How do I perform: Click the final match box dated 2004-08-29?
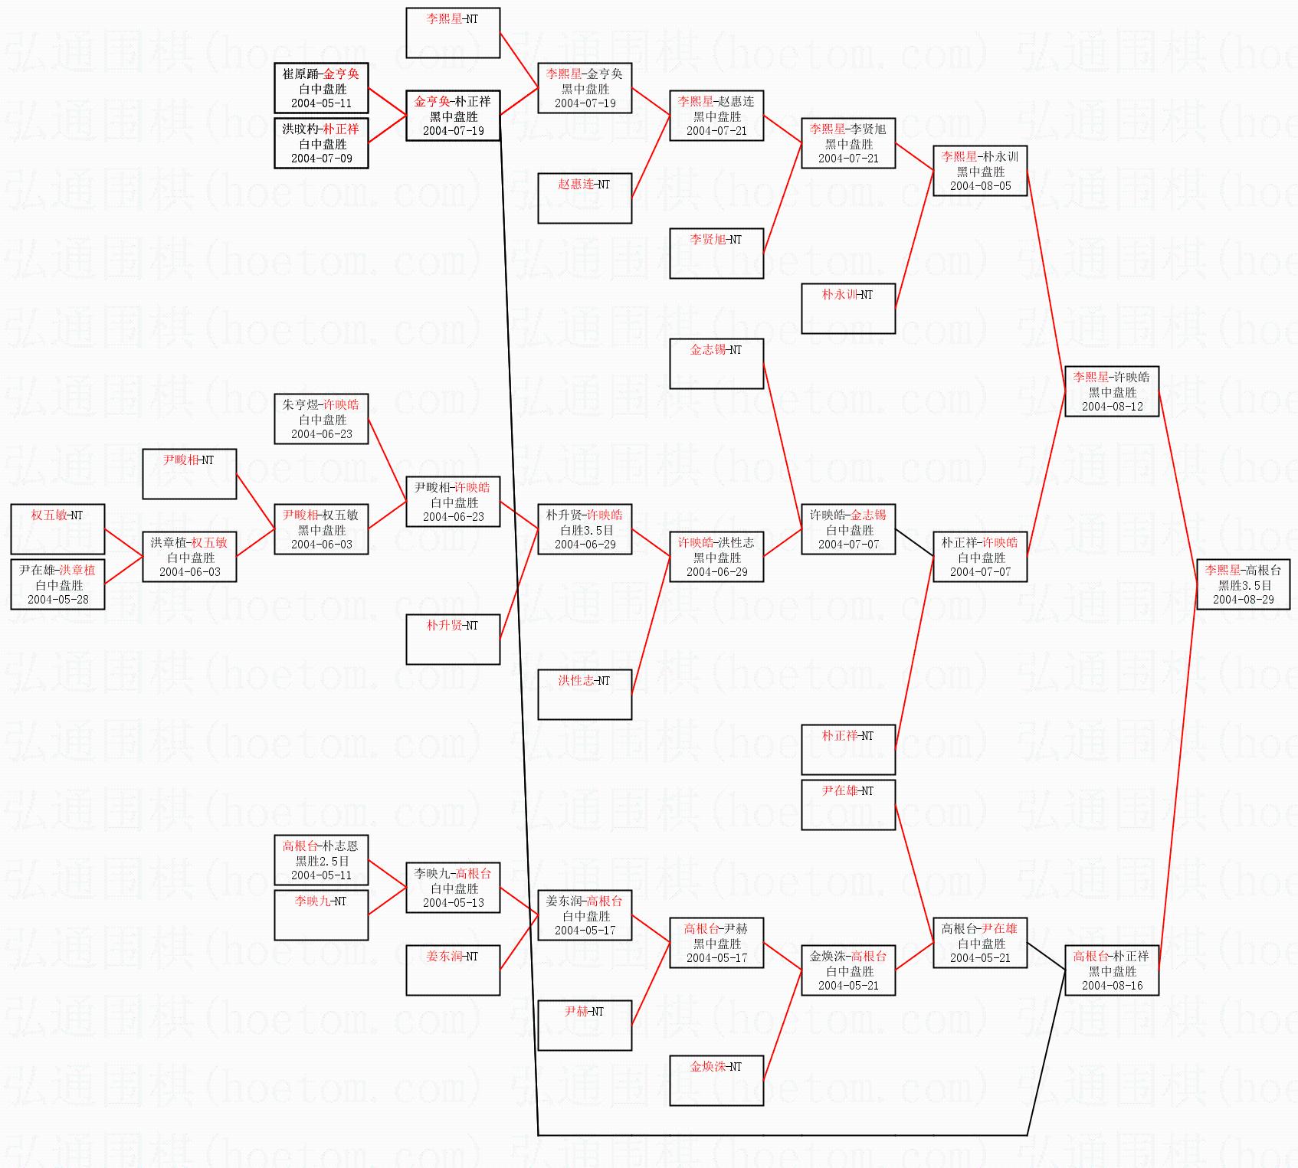[1244, 584]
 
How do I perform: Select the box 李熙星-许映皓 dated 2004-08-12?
[1112, 391]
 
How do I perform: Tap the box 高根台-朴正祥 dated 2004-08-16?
[1112, 970]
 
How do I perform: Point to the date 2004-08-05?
[981, 186]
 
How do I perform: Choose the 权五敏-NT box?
[57, 529]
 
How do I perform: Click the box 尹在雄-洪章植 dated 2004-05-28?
[57, 584]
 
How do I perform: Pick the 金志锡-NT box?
[716, 364]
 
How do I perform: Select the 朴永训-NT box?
[848, 309]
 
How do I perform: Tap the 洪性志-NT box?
[585, 695]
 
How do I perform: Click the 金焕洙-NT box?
[716, 1081]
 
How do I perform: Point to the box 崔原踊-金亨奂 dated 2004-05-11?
[321, 88]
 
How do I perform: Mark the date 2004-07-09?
[322, 159]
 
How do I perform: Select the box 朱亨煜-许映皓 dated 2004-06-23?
[321, 419]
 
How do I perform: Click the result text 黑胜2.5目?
[322, 861]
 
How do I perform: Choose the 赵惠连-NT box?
[585, 198]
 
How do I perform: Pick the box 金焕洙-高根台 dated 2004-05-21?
[848, 970]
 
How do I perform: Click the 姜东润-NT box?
[453, 970]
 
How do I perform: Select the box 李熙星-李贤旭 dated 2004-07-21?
[848, 143]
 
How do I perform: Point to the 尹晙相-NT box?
[189, 474]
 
